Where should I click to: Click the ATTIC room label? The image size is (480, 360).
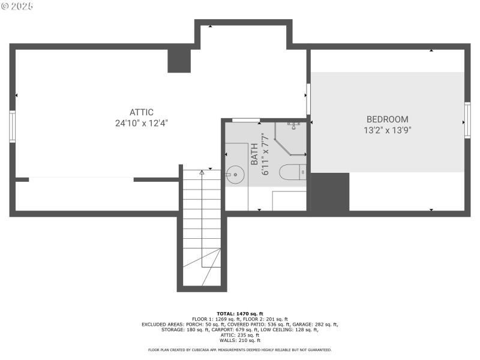(x=142, y=112)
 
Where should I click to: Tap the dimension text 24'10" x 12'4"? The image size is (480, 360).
(x=142, y=123)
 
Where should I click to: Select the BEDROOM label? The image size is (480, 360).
(x=387, y=119)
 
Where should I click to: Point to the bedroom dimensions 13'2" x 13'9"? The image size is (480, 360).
(x=387, y=130)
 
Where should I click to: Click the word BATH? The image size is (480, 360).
(x=254, y=154)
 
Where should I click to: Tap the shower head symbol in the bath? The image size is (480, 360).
(x=294, y=125)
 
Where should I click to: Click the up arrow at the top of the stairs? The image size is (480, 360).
(x=202, y=172)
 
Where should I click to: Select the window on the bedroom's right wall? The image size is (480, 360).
(x=467, y=122)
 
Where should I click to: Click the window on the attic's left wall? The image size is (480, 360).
(x=12, y=126)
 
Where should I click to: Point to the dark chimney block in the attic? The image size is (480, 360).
(x=179, y=61)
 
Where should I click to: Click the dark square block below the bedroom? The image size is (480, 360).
(x=329, y=191)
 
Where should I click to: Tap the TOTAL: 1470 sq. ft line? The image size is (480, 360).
(x=239, y=314)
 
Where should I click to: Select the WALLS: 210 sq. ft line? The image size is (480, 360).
(x=239, y=341)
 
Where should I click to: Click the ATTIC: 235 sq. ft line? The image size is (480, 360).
(x=239, y=335)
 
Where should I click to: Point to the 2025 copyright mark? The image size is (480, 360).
(x=18, y=6)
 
